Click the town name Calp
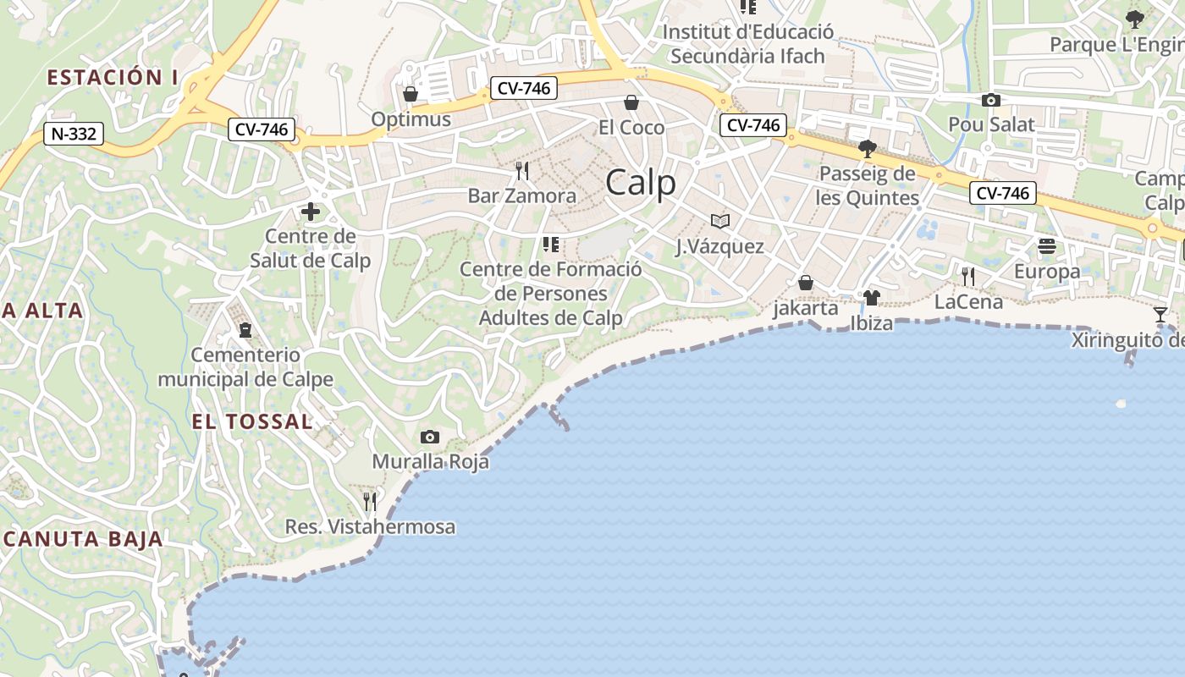(641, 183)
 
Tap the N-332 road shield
(74, 134)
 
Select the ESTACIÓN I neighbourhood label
(112, 78)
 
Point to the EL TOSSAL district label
(252, 421)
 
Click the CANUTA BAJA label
(83, 539)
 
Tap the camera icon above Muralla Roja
(430, 437)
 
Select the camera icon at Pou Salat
(990, 101)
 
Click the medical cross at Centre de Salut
(310, 212)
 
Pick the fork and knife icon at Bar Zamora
(522, 171)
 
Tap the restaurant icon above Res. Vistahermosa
(370, 502)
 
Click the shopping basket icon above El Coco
(631, 103)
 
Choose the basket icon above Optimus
(411, 93)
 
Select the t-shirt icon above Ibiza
(872, 298)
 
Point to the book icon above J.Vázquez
(720, 222)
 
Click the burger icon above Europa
(1047, 246)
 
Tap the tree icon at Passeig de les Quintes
(867, 150)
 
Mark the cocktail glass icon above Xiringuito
(1160, 315)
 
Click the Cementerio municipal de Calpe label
(245, 367)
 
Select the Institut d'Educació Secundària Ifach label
(747, 44)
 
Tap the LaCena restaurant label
(968, 302)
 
